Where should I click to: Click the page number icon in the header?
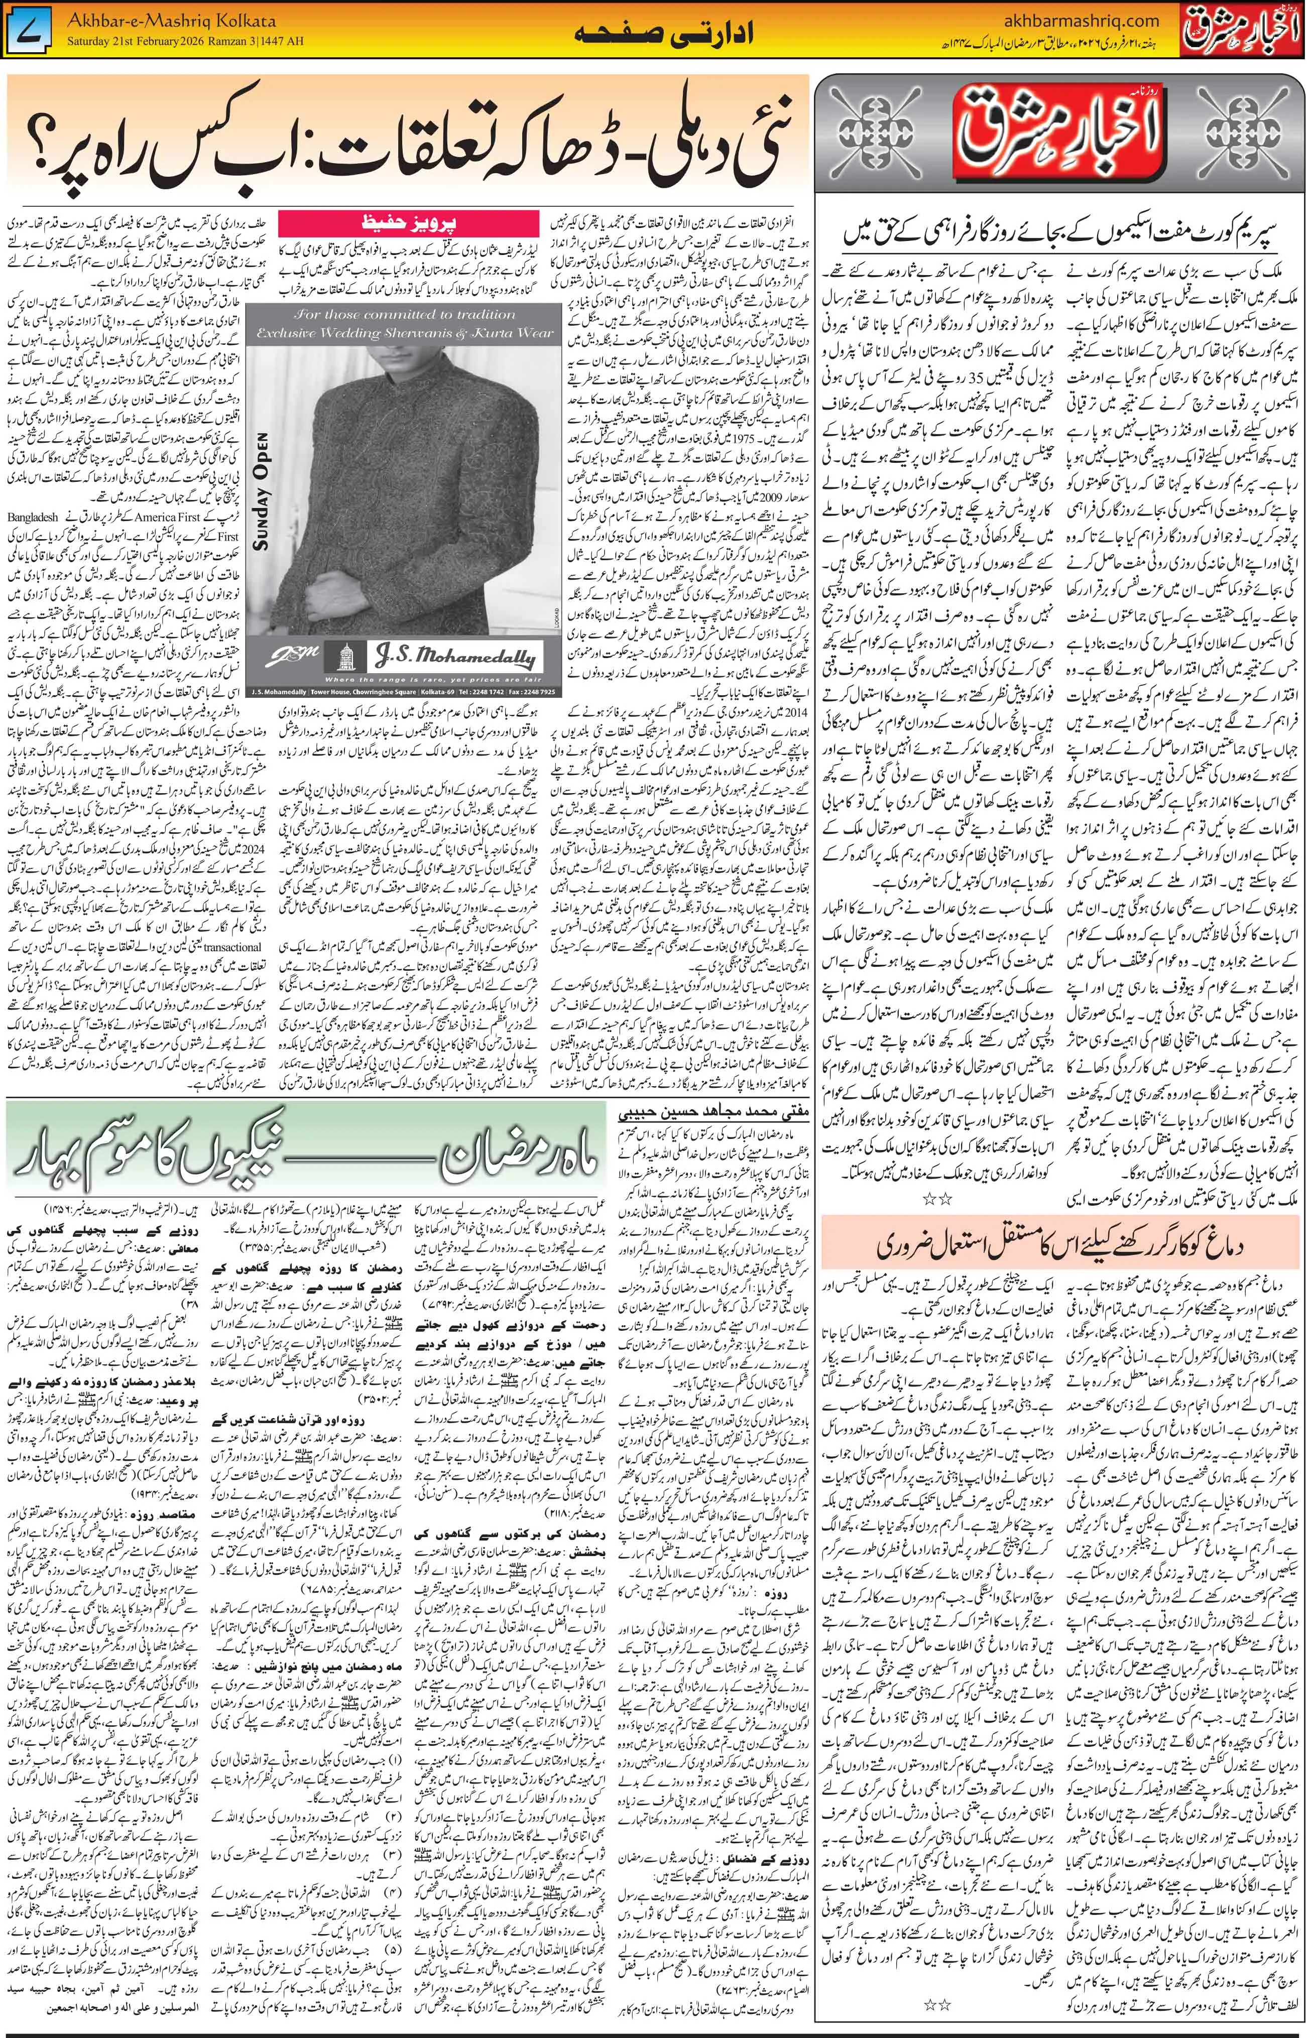30,32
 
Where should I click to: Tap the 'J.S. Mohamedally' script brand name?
458,657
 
